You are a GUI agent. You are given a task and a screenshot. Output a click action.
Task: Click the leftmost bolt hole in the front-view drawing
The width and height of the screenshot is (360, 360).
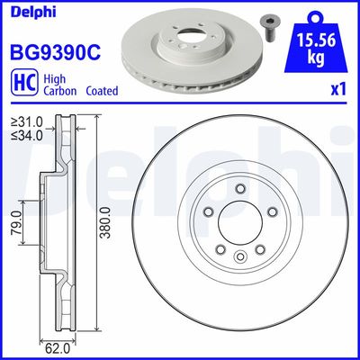coord(208,212)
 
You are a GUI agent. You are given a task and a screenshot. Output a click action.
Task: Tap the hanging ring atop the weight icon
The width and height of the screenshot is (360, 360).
coord(318,14)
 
